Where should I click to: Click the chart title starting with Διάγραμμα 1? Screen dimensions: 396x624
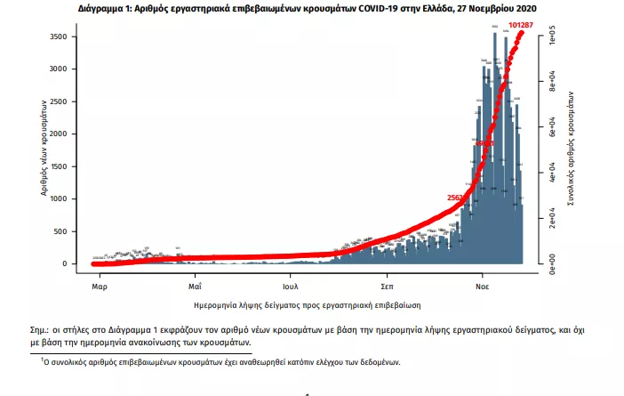tap(311, 8)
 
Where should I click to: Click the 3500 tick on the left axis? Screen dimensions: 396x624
tap(60, 36)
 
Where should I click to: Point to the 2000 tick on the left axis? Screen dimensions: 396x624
tap(60, 133)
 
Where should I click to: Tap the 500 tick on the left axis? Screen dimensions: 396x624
tap(63, 231)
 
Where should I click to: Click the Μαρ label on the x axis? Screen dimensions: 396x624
tap(100, 287)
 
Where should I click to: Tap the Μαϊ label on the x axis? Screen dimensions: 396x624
tap(196, 287)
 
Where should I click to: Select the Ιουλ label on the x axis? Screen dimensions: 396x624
tap(291, 287)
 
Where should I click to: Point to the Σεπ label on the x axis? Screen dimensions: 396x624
tap(388, 287)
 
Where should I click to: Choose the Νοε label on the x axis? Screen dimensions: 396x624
tap(482, 287)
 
